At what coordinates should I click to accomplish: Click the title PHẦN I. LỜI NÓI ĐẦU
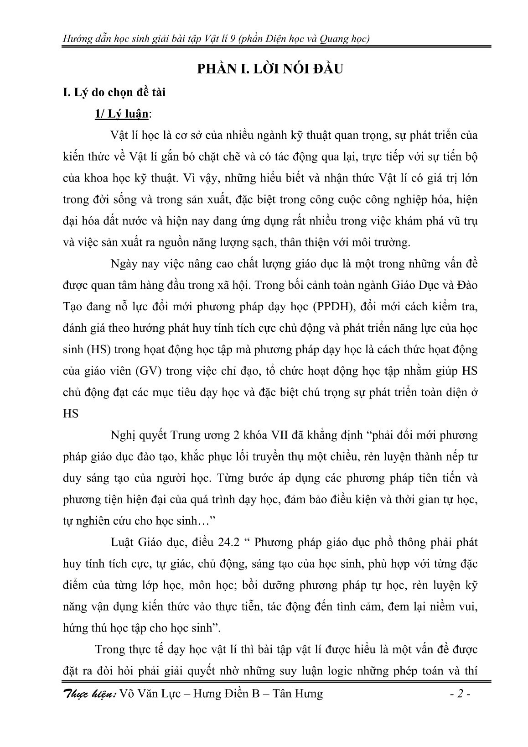269,69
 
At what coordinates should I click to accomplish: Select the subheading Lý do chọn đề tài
114,93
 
